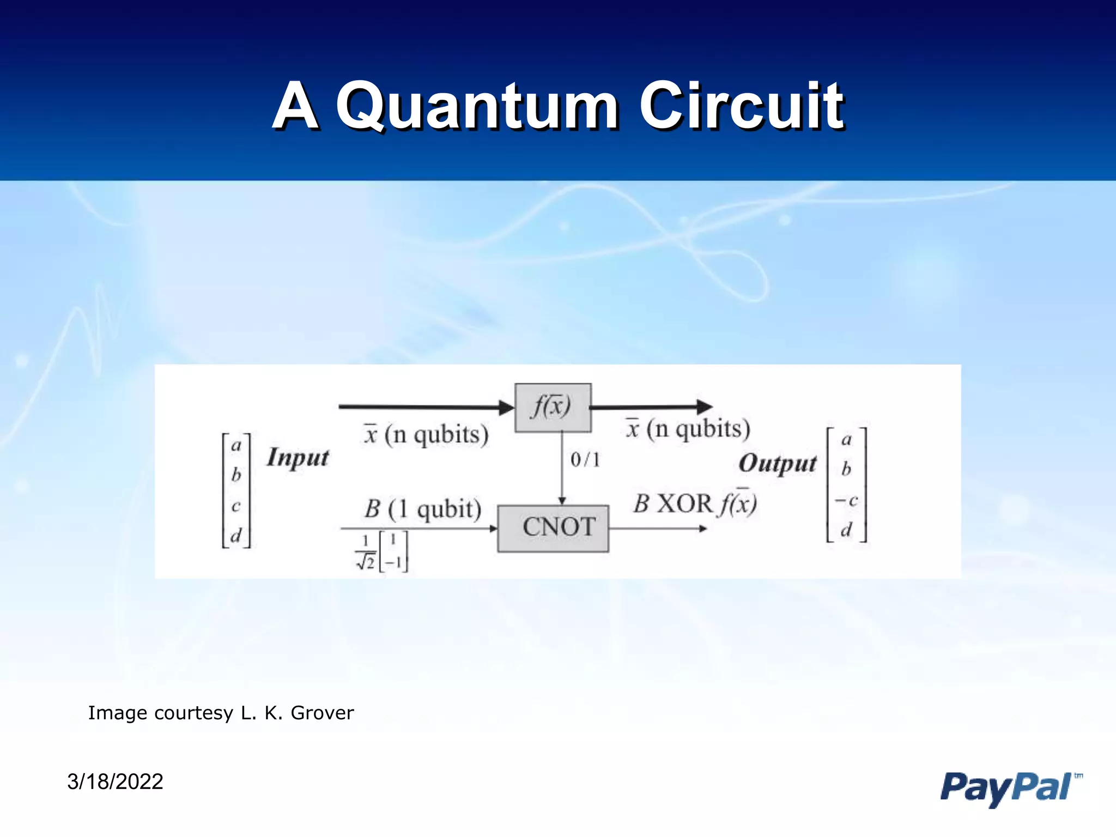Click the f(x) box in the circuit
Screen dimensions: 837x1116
tap(553, 407)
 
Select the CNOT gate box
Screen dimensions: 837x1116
tap(553, 528)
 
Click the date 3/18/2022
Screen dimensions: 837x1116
tap(115, 781)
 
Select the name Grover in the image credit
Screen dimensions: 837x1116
tap(322, 713)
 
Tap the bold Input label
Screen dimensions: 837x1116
tap(298, 458)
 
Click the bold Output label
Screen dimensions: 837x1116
tap(778, 464)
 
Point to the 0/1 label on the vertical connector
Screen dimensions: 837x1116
tap(585, 460)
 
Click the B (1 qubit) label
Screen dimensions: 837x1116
tap(423, 509)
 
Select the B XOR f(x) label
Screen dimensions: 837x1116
tap(695, 504)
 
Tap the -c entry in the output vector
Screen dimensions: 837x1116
tap(846, 500)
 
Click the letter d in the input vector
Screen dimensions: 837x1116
tap(236, 535)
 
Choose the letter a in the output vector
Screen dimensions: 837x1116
tap(846, 439)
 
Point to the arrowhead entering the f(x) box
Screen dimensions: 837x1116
tap(506, 407)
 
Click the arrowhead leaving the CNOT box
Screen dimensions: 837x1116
tap(703, 528)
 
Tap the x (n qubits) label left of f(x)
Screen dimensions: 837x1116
tap(426, 435)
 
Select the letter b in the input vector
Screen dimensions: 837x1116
tap(236, 475)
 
